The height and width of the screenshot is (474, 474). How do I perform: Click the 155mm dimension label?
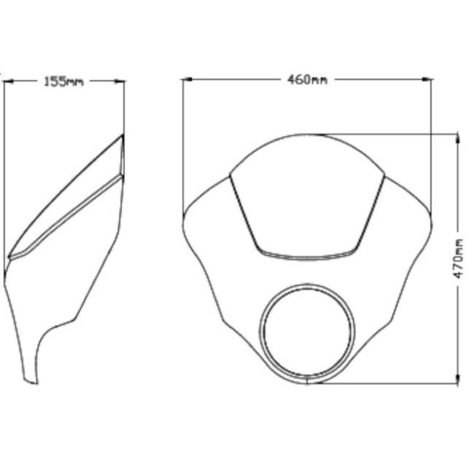click(x=63, y=82)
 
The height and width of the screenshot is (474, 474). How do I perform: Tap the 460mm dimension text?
click(x=307, y=79)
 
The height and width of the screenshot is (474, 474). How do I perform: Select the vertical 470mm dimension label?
click(x=458, y=258)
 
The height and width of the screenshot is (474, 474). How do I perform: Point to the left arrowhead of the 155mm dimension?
click(x=8, y=82)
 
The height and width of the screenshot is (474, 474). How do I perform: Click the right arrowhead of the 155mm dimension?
click(x=120, y=82)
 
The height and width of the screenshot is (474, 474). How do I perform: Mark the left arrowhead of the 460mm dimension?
click(x=187, y=79)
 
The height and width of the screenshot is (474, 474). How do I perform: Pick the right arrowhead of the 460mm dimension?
click(x=428, y=79)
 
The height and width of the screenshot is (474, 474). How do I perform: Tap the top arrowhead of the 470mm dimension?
click(x=457, y=139)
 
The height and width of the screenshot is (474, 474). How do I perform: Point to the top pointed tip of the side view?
click(x=123, y=135)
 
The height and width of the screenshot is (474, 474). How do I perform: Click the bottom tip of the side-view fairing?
click(x=30, y=381)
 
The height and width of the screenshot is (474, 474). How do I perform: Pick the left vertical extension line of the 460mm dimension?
click(x=182, y=146)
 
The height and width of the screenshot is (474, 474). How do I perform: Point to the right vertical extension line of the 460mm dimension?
click(x=432, y=146)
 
